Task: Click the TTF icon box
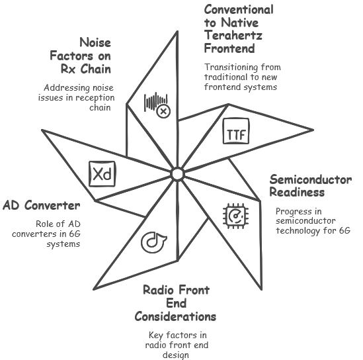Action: tap(236, 131)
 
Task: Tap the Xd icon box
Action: tap(102, 174)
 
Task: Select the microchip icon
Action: tap(235, 216)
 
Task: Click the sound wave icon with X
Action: tap(157, 105)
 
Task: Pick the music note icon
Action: tap(153, 242)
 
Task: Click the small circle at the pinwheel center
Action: tap(177, 174)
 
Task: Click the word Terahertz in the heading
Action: tap(233, 36)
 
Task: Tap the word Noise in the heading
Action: tap(95, 42)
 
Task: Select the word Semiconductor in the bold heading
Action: tap(311, 179)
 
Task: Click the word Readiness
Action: tap(297, 193)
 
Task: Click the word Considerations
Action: tap(175, 316)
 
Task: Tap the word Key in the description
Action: tap(156, 336)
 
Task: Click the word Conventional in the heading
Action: tap(239, 10)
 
